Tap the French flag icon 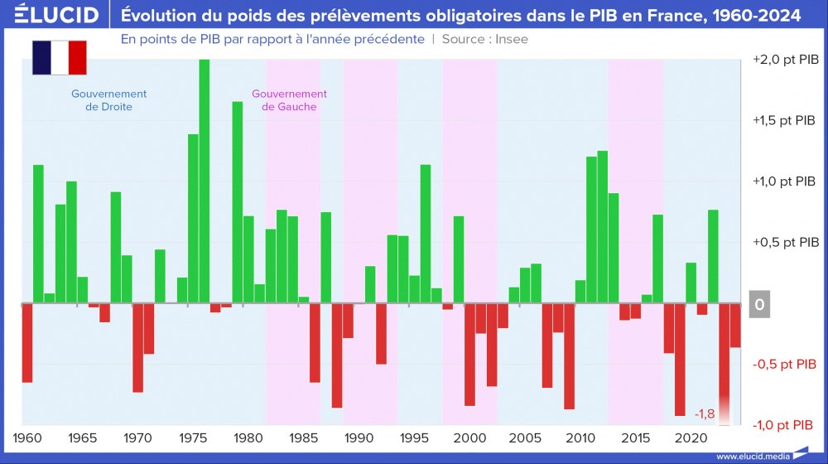[x=60, y=58]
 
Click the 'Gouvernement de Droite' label [x=108, y=100]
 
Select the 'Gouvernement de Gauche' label [x=289, y=100]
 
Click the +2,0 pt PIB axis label [x=786, y=60]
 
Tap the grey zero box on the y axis [x=760, y=304]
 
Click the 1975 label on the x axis [x=193, y=437]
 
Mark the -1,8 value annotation [x=705, y=413]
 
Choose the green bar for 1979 [x=237, y=202]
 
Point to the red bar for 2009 [x=569, y=356]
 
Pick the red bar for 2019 [x=680, y=360]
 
